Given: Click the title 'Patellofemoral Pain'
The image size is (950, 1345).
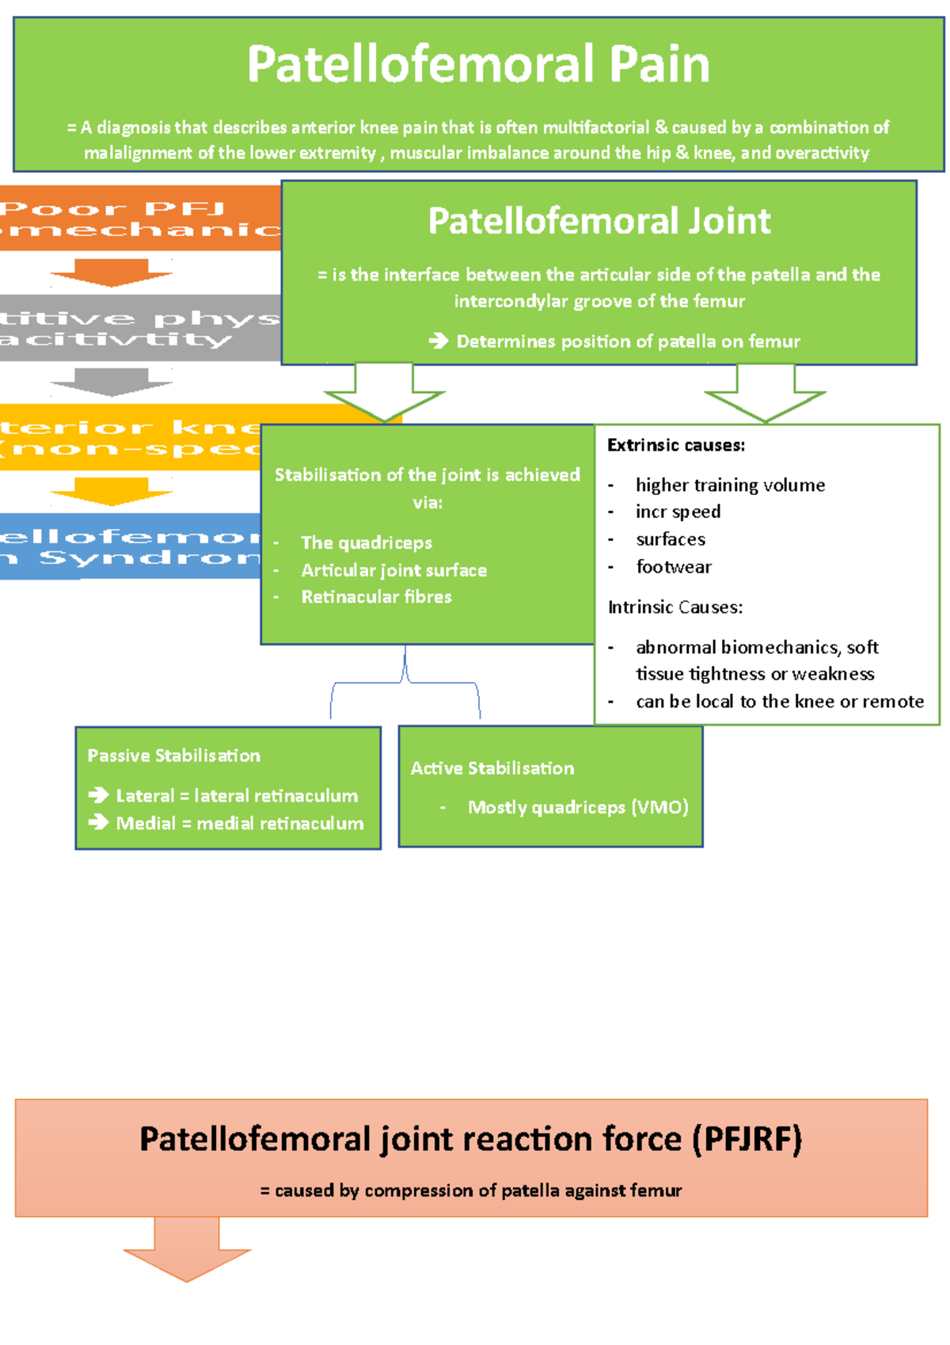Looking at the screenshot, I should click(478, 64).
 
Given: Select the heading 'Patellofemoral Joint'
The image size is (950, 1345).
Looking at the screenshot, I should click(599, 221).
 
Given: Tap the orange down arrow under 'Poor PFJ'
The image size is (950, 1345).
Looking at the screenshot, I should click(112, 272).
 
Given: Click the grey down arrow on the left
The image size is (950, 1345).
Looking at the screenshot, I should click(112, 382).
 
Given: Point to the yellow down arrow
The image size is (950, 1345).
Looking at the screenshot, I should click(112, 491).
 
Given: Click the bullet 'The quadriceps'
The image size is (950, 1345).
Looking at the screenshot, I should click(367, 543).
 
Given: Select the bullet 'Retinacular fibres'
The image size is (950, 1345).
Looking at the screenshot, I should click(376, 596).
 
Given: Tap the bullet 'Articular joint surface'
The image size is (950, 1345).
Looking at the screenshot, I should click(393, 570).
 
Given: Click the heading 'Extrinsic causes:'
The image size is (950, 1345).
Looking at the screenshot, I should click(675, 445).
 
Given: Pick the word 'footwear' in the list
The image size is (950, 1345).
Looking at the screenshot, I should click(674, 566).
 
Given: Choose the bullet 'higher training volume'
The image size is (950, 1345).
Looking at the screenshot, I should click(730, 485).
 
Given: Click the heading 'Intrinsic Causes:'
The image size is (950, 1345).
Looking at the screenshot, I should click(674, 608).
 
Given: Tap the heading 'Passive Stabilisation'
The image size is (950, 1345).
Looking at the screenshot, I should click(173, 756).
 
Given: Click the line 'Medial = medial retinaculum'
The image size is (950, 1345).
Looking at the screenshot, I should click(240, 823).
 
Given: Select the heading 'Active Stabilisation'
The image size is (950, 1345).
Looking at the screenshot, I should click(492, 768).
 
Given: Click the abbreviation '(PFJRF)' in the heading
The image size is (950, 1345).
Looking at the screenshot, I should click(747, 1139).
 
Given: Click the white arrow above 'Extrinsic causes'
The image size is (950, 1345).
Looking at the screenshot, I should click(765, 394).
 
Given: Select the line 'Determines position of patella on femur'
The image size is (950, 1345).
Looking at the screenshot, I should click(628, 341).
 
